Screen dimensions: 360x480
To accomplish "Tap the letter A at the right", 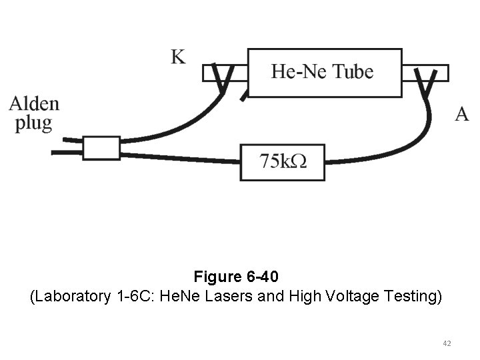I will point(462,114).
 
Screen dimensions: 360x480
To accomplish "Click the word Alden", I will point(34,104).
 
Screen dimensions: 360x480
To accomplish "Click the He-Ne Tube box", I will point(325,73).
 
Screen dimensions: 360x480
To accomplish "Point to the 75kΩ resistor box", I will point(283,162).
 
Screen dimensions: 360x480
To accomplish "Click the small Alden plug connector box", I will point(101,148).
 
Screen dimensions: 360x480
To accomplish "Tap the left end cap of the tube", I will point(225,72).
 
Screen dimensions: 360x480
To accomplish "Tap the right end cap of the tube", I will point(425,72).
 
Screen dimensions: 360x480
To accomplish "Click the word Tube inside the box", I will point(353,71).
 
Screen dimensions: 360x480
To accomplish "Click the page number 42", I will point(447,343).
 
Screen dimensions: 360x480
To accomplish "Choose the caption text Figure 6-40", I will point(239,275).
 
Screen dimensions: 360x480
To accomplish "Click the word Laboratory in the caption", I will point(71,295).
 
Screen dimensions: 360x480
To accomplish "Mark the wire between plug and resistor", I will point(180,158).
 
